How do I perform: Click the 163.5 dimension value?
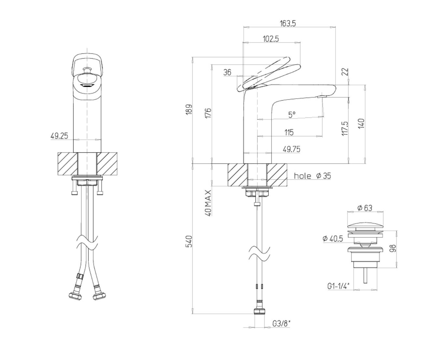click(287, 23)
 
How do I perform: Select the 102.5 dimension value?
click(271, 39)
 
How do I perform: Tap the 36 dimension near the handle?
click(227, 72)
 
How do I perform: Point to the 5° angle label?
click(292, 115)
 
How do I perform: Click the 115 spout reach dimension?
click(289, 132)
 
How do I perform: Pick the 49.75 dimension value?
click(291, 149)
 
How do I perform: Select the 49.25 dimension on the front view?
click(59, 136)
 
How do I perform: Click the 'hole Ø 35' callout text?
click(312, 176)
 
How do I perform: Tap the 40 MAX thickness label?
click(208, 202)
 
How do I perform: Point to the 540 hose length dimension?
click(189, 242)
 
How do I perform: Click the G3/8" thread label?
click(281, 323)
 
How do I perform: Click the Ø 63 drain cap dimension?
click(365, 208)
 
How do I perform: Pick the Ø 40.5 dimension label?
click(333, 238)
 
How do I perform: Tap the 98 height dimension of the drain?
click(392, 248)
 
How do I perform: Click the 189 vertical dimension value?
click(189, 109)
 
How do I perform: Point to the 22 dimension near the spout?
click(345, 72)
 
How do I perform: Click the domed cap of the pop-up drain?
click(365, 225)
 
